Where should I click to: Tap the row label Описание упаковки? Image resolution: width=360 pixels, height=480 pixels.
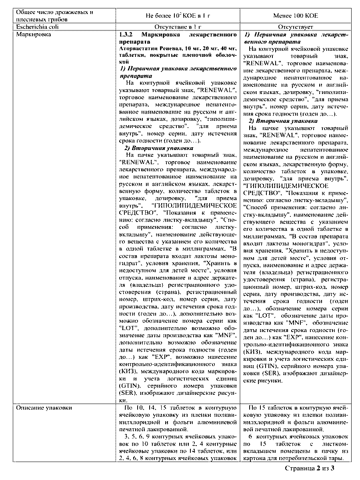(39, 408)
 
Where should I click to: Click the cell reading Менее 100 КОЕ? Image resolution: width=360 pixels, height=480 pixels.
(295, 16)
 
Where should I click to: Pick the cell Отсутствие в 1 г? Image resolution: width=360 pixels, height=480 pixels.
(178, 27)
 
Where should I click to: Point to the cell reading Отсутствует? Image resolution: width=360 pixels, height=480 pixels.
(295, 27)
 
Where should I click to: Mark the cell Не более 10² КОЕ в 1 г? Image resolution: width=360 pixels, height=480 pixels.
(178, 16)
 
